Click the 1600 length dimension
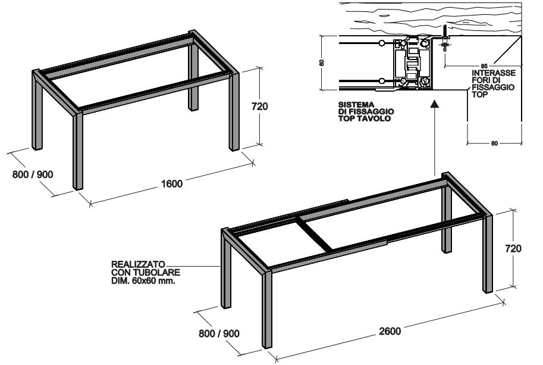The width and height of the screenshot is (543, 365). click(172, 183)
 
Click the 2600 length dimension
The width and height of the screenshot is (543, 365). click(390, 331)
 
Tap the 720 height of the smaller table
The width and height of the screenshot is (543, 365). click(259, 106)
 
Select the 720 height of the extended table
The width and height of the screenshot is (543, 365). click(513, 248)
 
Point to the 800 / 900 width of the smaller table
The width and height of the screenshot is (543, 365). click(33, 174)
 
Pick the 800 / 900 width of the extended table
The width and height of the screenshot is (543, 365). click(219, 333)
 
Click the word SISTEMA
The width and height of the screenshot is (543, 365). click(356, 104)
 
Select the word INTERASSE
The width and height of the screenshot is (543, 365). click(494, 73)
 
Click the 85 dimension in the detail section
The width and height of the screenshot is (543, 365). click(484, 66)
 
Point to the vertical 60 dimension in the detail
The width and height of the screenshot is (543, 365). click(322, 63)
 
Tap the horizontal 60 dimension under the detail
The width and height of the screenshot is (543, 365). click(494, 143)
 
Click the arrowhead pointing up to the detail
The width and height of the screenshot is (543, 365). click(435, 103)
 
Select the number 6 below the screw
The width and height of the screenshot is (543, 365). click(445, 49)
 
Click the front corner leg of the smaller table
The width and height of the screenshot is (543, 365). click(78, 151)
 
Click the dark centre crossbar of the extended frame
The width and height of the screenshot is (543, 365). click(315, 233)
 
